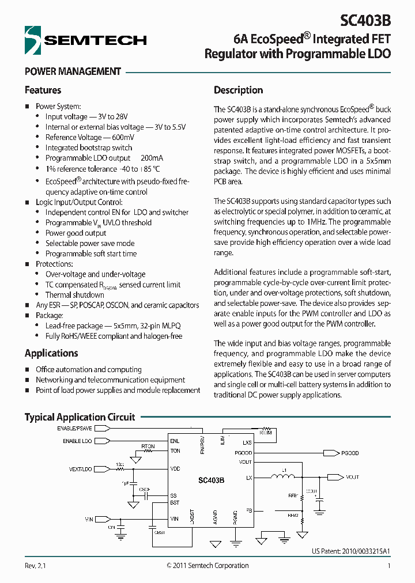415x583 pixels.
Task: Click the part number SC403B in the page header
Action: tap(365, 20)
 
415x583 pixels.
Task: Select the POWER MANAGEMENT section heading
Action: tap(73, 72)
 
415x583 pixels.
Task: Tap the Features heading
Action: tap(43, 90)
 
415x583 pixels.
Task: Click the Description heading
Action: tap(238, 90)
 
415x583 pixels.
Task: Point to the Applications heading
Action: tap(51, 353)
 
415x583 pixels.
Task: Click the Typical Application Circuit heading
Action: tap(80, 417)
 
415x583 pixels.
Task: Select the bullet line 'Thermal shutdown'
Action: tap(75, 295)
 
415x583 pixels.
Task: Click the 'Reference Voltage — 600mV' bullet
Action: tap(89, 137)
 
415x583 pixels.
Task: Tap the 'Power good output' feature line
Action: tap(76, 233)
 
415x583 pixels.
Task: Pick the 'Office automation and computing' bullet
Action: tap(88, 369)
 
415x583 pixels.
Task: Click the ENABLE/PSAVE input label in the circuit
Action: tap(74, 429)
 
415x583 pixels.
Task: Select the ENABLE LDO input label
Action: tap(77, 441)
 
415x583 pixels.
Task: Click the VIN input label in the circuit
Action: tap(89, 519)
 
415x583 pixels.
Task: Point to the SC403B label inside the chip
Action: tap(211, 480)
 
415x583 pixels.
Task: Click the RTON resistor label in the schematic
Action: tap(148, 446)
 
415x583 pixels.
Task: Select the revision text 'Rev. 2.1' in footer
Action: tap(35, 566)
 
